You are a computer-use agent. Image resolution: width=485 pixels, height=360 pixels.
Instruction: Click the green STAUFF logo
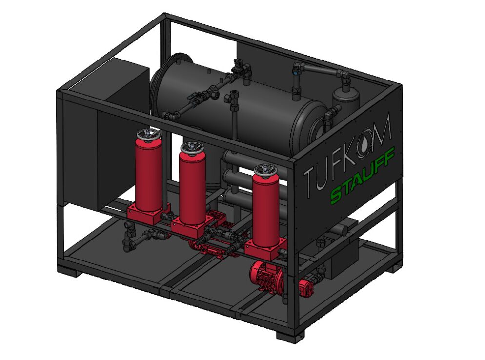tap(363, 176)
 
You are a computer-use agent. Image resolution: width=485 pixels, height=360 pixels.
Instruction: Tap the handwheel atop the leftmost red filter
tap(149, 134)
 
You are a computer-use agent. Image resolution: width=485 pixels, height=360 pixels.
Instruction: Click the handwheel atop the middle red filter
tap(193, 147)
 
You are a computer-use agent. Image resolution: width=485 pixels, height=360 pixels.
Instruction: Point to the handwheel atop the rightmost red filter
tap(266, 169)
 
